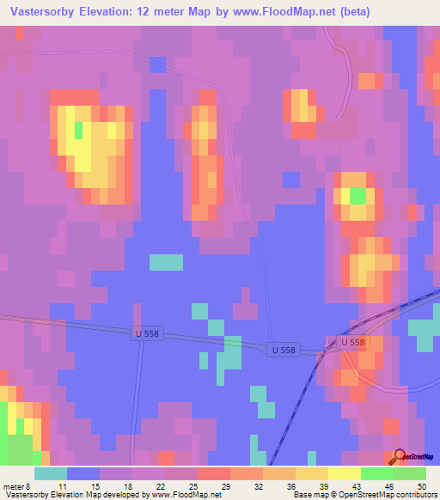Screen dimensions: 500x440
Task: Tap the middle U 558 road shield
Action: (x=284, y=350)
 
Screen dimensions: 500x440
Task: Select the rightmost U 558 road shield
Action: (x=352, y=342)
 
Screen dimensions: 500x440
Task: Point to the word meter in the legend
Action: (x=13, y=485)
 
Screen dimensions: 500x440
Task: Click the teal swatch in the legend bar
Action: (x=51, y=473)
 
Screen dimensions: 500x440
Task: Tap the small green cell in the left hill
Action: (x=79, y=130)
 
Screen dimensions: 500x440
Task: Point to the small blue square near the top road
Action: (x=157, y=64)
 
